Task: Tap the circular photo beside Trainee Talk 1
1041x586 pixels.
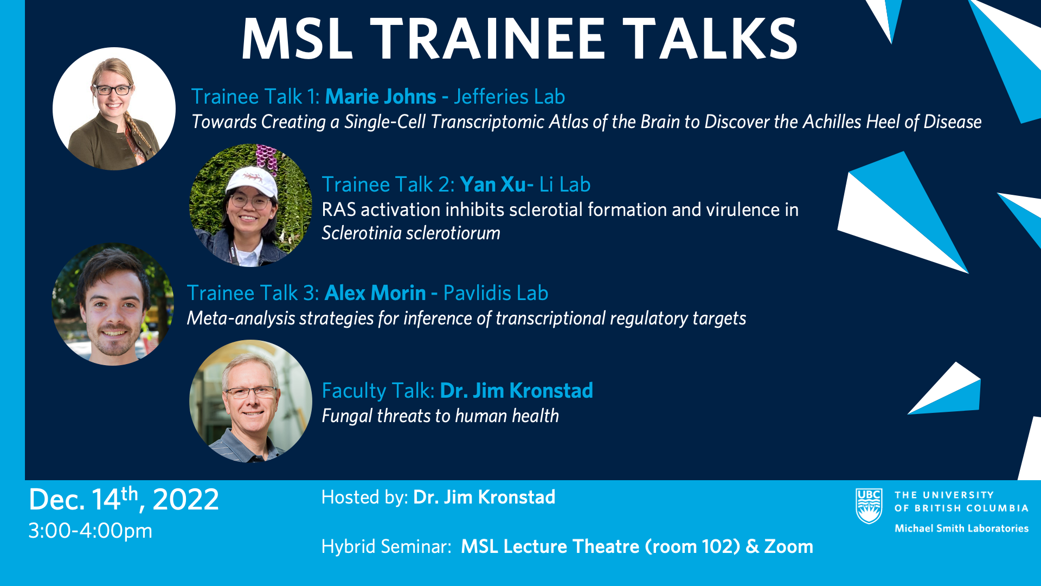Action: (114, 109)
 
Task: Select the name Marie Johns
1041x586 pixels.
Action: (381, 97)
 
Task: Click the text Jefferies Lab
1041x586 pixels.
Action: (509, 97)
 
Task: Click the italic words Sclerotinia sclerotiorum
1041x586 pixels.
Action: (411, 233)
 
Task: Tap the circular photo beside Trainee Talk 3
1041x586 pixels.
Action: (113, 304)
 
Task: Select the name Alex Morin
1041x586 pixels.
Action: (375, 293)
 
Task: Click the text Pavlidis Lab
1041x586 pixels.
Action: (496, 293)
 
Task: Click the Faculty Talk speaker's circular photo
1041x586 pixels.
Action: (250, 402)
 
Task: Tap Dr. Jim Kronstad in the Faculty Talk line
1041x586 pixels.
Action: (516, 391)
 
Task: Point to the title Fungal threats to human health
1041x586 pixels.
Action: (440, 416)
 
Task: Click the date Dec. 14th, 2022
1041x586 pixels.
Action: (124, 499)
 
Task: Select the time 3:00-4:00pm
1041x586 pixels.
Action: (91, 531)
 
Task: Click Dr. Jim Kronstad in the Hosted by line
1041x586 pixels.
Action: (484, 497)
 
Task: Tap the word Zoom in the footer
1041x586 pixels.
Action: (788, 546)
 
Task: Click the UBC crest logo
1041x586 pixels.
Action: (869, 506)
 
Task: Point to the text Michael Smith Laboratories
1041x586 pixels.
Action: (961, 528)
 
